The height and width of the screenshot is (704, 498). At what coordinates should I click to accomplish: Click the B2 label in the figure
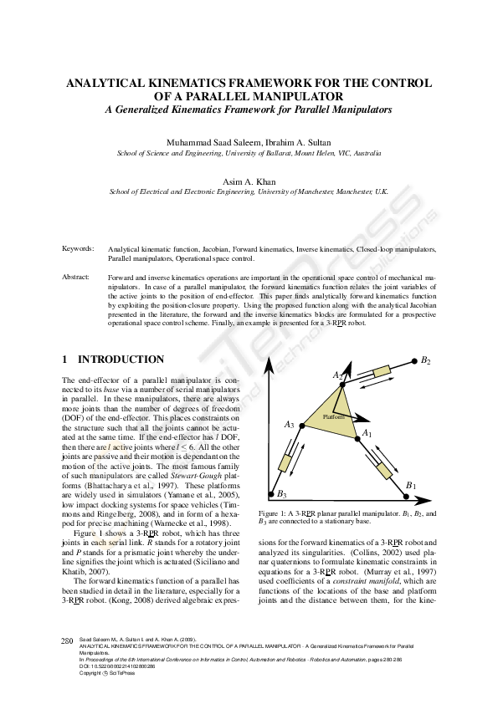pos(426,360)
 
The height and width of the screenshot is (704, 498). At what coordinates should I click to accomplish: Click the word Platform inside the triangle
pos(334,416)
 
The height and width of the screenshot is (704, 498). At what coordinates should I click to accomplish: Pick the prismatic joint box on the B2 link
pos(381,370)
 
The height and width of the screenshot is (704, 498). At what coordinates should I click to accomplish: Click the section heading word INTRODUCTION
pos(121,360)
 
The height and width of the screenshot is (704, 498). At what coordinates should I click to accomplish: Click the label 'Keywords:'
pos(78,250)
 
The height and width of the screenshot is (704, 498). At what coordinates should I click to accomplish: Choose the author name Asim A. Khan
pos(249,180)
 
